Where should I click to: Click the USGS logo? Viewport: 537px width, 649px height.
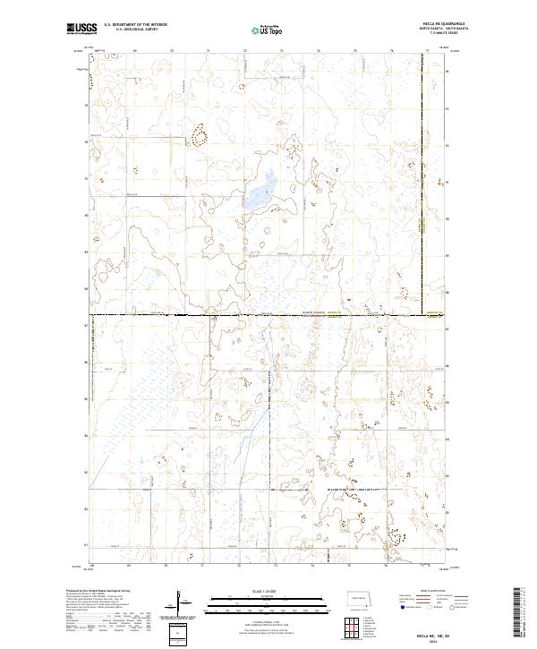click(x=82, y=28)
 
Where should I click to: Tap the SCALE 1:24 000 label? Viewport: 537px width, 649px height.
click(x=268, y=588)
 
